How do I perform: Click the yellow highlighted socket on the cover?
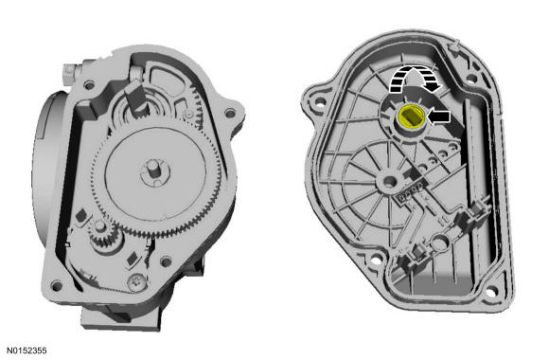[412, 117]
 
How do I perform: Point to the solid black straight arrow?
[439, 117]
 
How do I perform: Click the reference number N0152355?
[27, 351]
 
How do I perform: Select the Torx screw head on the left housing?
[136, 282]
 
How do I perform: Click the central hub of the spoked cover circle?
[389, 181]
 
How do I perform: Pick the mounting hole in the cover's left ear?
[320, 102]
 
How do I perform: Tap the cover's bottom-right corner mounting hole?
[491, 291]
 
